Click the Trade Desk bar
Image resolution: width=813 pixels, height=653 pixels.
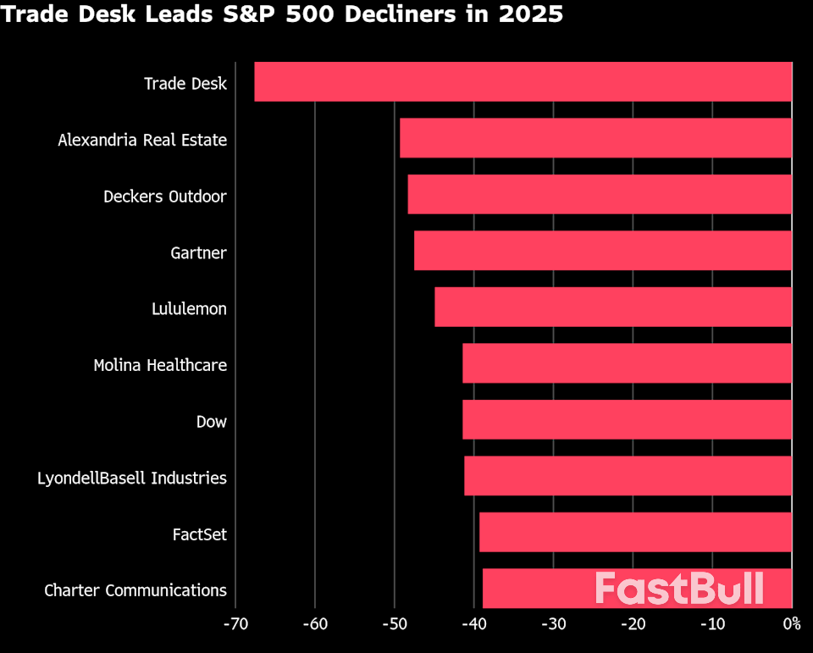(523, 82)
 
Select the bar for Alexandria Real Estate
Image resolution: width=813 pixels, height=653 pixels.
(595, 139)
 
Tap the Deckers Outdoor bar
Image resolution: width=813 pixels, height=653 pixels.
(600, 195)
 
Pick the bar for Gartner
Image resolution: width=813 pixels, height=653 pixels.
(603, 252)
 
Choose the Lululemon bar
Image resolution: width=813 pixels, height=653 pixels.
(613, 307)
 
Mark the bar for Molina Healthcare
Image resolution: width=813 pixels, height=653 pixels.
(627, 364)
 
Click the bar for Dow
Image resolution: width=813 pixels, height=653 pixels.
(627, 420)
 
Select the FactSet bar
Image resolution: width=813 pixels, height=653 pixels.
(635, 533)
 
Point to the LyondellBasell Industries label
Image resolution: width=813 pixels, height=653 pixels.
(132, 479)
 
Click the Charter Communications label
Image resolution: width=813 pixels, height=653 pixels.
(135, 590)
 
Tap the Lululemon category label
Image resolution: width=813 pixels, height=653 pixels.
(189, 309)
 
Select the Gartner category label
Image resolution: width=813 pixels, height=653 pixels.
(198, 252)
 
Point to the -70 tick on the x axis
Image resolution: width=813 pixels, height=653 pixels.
(235, 625)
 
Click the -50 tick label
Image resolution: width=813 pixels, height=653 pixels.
(394, 625)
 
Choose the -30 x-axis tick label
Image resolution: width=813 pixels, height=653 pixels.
(553, 625)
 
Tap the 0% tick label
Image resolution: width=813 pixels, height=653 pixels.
(791, 625)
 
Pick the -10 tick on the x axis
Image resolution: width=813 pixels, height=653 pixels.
(711, 625)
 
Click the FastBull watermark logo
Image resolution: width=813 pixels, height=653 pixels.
(679, 589)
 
